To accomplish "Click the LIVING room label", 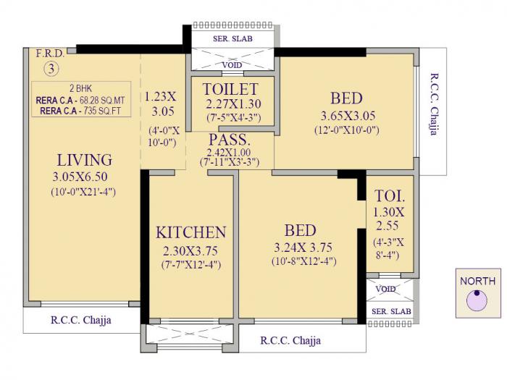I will [x=84, y=160].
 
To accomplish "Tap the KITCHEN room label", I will [x=191, y=232].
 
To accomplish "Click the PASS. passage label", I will [x=230, y=139].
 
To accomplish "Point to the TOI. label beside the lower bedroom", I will [x=390, y=195].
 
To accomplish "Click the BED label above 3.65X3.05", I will [x=346, y=98].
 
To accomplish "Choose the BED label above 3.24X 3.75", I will [x=300, y=230].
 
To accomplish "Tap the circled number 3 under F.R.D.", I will [x=51, y=69].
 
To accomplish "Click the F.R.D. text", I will [x=50, y=54].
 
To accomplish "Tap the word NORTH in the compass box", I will [x=477, y=281].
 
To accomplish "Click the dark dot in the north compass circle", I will [x=477, y=294].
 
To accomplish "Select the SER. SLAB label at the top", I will [x=232, y=38].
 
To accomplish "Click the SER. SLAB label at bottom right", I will [x=391, y=311].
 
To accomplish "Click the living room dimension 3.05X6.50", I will [x=84, y=177].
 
